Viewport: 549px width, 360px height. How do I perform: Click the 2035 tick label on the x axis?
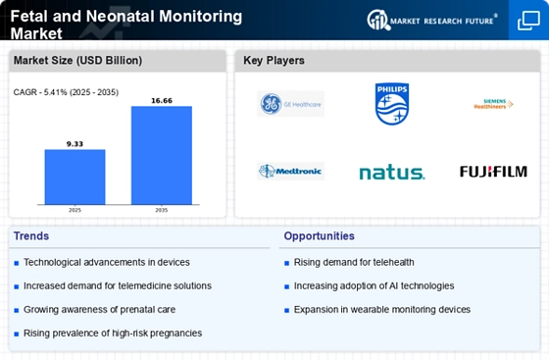tap(162, 209)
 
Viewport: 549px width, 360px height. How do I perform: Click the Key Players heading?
tap(274, 61)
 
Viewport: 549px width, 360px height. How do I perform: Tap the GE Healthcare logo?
tap(290, 104)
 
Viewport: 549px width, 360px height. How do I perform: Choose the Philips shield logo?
tap(391, 104)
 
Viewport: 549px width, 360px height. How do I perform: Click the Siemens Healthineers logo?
tap(492, 104)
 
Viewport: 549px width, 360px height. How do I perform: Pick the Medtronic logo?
tap(290, 172)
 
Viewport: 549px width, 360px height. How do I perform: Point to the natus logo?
tap(391, 173)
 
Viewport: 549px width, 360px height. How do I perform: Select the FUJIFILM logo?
tap(492, 172)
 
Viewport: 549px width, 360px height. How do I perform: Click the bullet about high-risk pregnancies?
tap(113, 333)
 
